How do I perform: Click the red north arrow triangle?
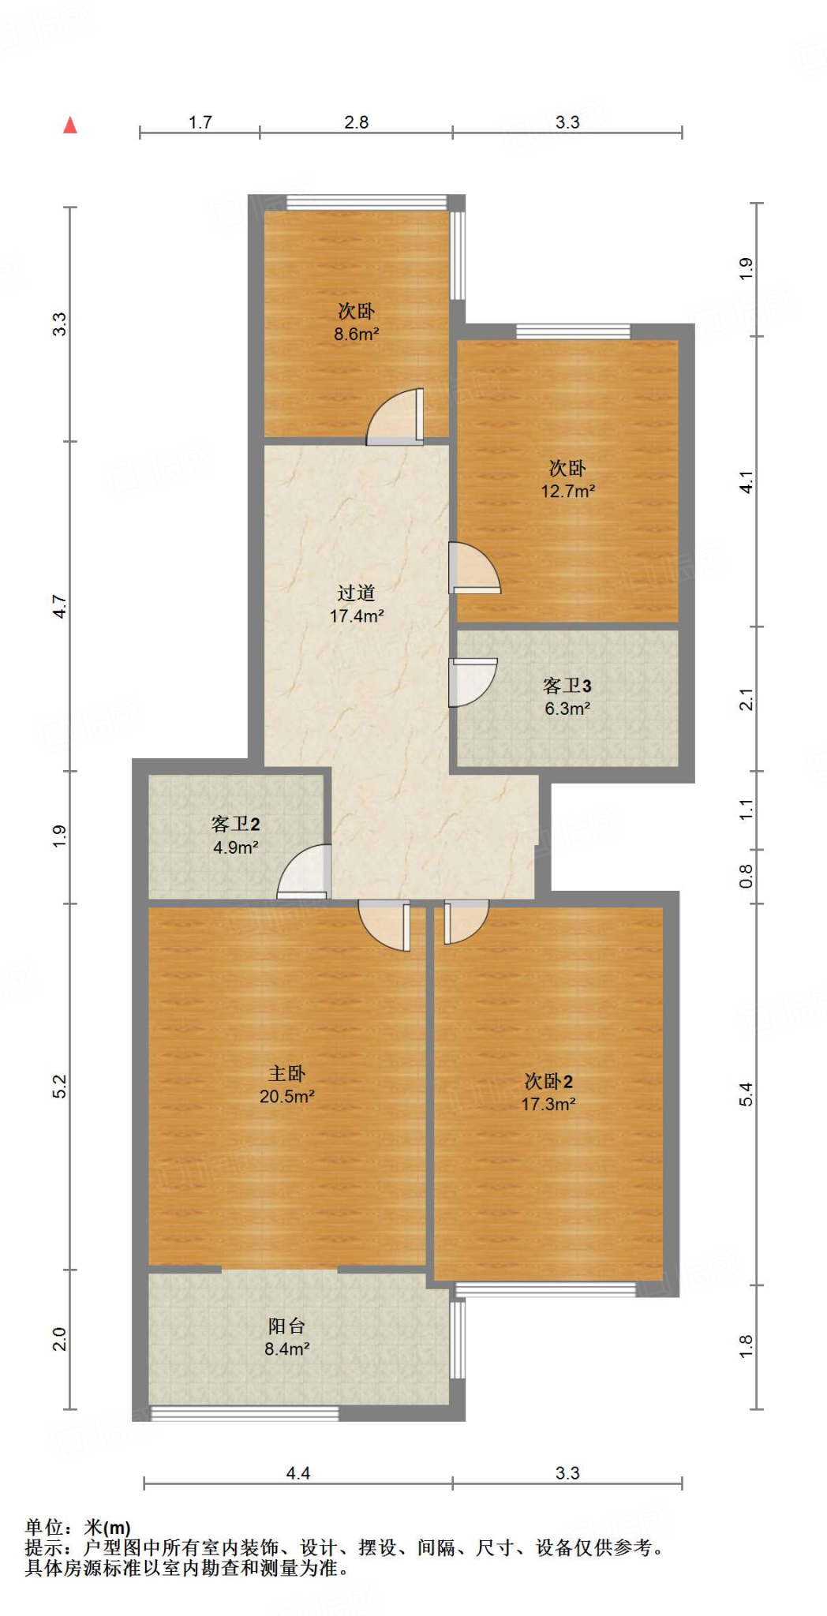point(70,125)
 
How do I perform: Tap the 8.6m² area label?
point(356,334)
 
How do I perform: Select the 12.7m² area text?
point(567,491)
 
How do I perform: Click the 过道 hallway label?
point(356,593)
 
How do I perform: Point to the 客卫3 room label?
point(567,686)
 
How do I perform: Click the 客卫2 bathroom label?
point(235,825)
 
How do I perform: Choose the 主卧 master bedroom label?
point(286,1073)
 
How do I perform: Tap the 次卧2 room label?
point(548,1081)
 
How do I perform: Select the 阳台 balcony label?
point(286,1326)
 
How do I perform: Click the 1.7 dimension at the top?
point(200,122)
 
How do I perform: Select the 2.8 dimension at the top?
point(356,122)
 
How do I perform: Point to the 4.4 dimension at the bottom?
point(297,1473)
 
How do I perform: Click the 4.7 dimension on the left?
point(60,606)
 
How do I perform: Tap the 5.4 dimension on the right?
point(746,1094)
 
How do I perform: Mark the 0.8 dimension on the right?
point(746,876)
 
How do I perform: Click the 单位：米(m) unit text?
point(77,1528)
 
